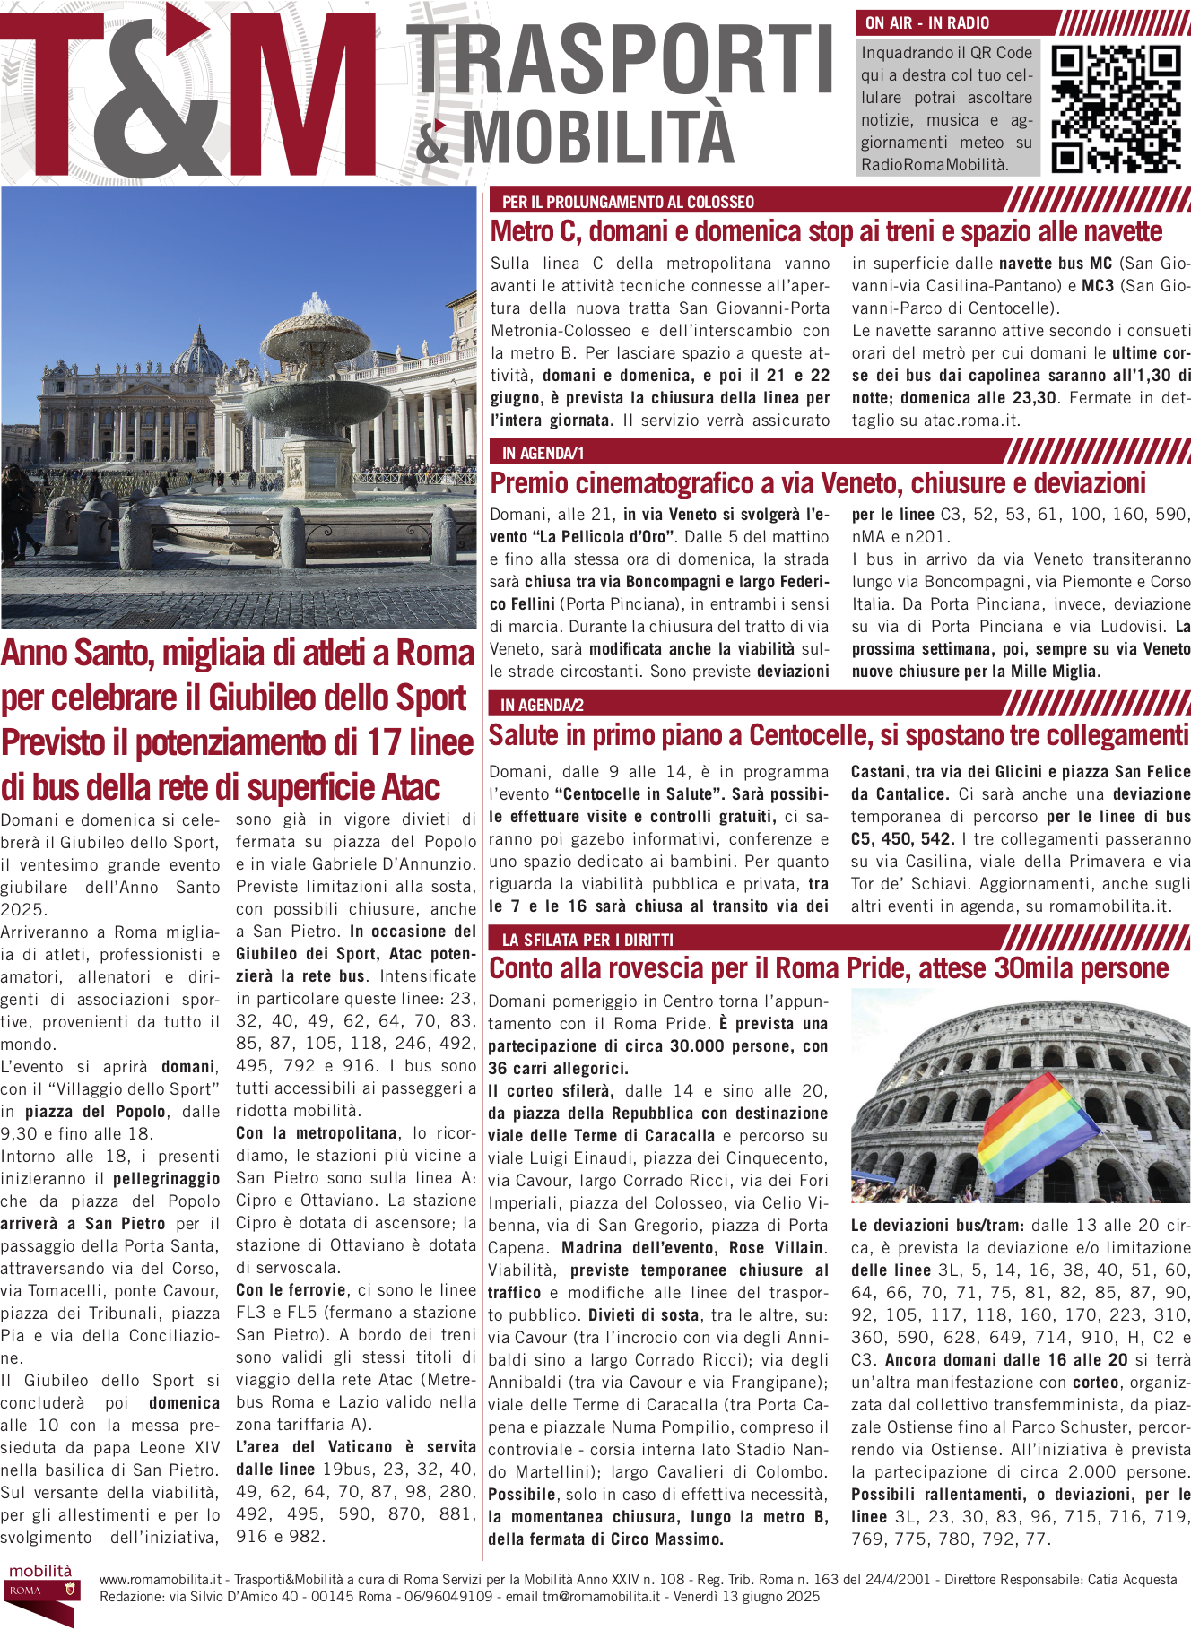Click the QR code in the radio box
tap(1115, 108)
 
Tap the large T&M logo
tap(188, 94)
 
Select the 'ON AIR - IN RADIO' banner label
tap(927, 23)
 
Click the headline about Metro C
tap(825, 232)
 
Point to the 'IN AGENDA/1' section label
tap(543, 454)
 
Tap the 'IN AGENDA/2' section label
tap(542, 706)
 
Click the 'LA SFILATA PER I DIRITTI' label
tap(587, 940)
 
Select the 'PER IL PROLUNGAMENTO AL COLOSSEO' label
tap(628, 203)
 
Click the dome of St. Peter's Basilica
tap(197, 352)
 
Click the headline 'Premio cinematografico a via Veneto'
tap(817, 484)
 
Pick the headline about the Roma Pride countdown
tap(828, 969)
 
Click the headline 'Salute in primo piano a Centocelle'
tap(838, 736)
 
